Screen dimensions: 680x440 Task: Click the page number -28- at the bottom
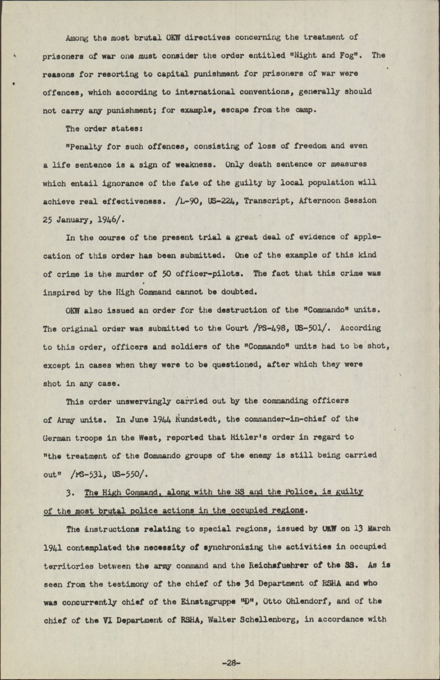pos(230,662)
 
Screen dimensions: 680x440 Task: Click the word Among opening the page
pos(77,38)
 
